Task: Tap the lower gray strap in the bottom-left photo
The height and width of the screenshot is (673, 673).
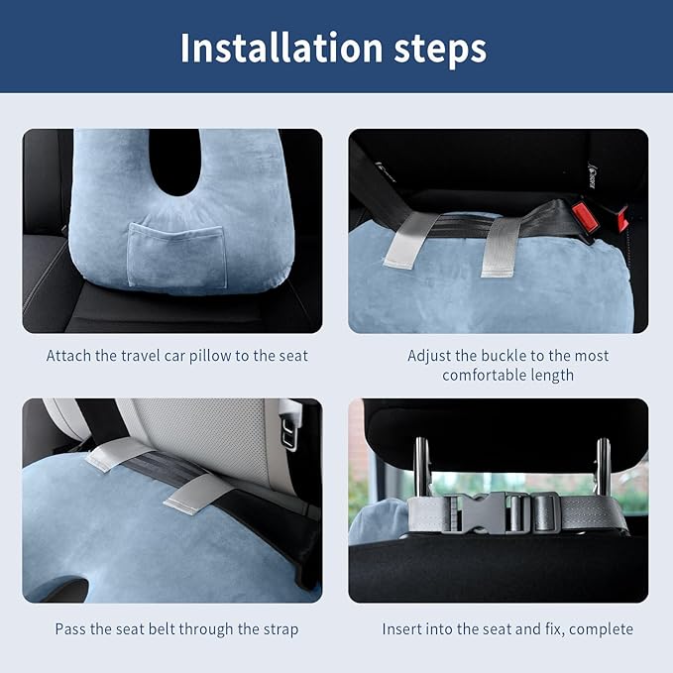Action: tap(196, 493)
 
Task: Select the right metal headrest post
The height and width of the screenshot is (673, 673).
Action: tap(602, 464)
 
